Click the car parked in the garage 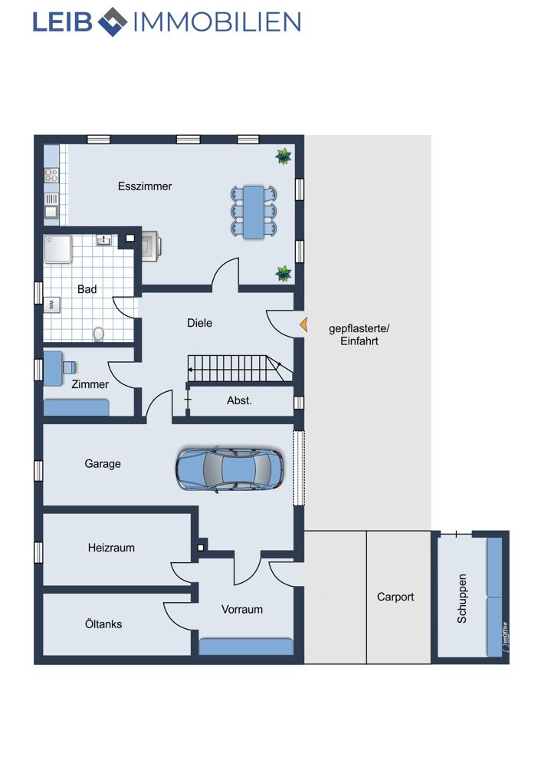coord(229,468)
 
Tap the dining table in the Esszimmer coord(253,212)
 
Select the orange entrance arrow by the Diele coord(303,324)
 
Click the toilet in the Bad coord(99,334)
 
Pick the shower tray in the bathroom coord(57,249)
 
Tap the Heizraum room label coord(111,548)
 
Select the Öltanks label coord(103,624)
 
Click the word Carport coord(395,597)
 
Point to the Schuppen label coord(461,598)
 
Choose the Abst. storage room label coord(239,400)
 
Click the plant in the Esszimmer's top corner coord(284,156)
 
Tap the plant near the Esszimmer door coord(284,274)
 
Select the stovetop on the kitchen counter coord(51,176)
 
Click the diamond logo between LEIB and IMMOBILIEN coord(113,22)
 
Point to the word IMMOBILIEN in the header coord(217,22)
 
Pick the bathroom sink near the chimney coord(104,240)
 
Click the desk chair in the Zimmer coord(70,367)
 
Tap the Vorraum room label coord(242,610)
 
